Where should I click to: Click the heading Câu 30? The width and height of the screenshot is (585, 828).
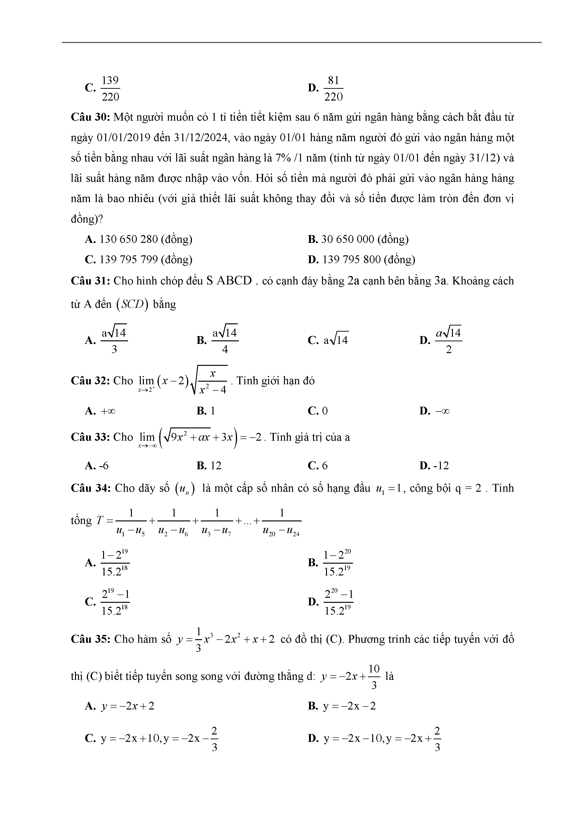[90, 118]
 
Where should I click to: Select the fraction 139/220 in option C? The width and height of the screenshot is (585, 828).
[110, 88]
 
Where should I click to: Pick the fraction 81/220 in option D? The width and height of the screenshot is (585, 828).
[333, 88]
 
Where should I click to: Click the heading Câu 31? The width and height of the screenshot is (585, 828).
[90, 281]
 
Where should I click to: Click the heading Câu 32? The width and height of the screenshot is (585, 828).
[90, 381]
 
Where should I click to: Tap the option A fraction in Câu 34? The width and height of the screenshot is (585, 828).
[115, 562]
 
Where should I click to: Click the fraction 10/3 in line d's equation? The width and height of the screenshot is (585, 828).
[374, 676]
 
